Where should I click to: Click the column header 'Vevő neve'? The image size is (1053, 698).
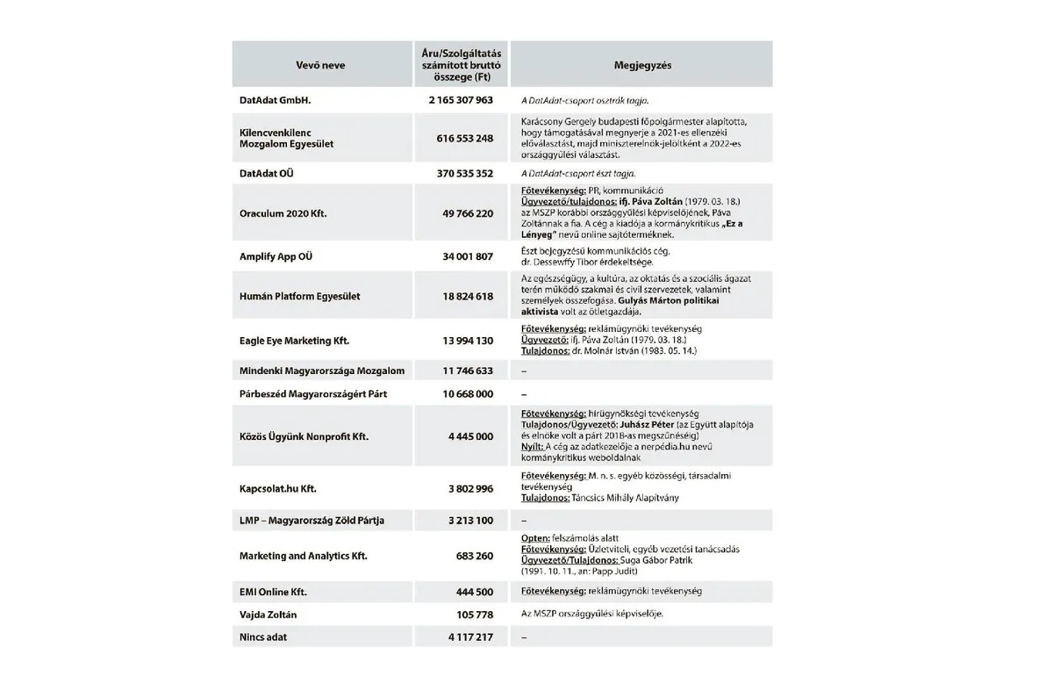pyautogui.click(x=322, y=65)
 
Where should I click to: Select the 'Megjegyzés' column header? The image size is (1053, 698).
pyautogui.click(x=641, y=65)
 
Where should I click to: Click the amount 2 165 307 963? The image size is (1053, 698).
pyautogui.click(x=461, y=100)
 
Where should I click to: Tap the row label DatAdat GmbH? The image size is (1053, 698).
pyautogui.click(x=276, y=100)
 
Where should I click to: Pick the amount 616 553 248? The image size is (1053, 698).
pyautogui.click(x=464, y=138)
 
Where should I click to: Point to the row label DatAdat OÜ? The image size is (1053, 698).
pyautogui.click(x=267, y=174)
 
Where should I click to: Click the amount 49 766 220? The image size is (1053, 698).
pyautogui.click(x=467, y=213)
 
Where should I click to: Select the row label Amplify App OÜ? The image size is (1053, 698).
pyautogui.click(x=276, y=256)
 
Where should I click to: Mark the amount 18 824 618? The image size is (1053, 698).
pyautogui.click(x=467, y=297)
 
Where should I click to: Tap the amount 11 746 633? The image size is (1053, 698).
pyautogui.click(x=467, y=371)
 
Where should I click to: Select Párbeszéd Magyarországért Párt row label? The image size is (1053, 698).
pyautogui.click(x=312, y=394)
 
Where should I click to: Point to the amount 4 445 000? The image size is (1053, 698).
pyautogui.click(x=470, y=435)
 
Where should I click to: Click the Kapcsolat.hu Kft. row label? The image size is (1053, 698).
pyautogui.click(x=279, y=488)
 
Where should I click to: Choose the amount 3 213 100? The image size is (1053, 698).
pyautogui.click(x=470, y=521)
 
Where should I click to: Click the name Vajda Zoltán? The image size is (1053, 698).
pyautogui.click(x=268, y=615)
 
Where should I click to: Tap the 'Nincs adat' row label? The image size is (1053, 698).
pyautogui.click(x=263, y=637)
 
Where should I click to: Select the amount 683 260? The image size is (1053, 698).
pyautogui.click(x=474, y=556)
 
